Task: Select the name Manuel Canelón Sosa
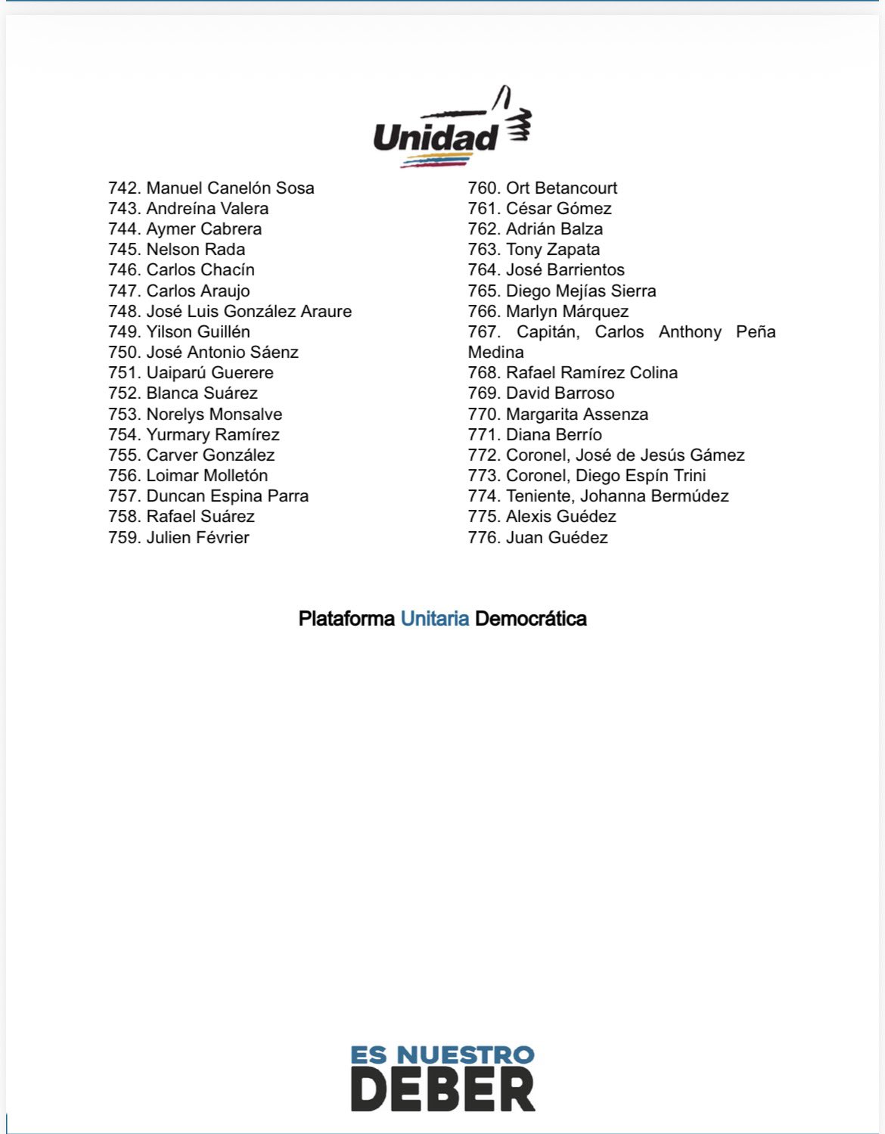(230, 188)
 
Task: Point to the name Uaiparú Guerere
(210, 372)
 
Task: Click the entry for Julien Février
(197, 537)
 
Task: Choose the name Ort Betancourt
(561, 188)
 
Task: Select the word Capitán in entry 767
(548, 331)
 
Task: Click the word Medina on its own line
(495, 352)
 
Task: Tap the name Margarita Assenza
(576, 414)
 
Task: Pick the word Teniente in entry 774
(540, 496)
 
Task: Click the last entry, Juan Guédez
(557, 537)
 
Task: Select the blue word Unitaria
(434, 618)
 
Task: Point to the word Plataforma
(346, 618)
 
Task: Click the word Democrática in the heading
(530, 618)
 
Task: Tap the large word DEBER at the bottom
(442, 1090)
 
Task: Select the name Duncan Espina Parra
(227, 496)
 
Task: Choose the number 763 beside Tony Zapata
(483, 249)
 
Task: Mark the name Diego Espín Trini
(641, 475)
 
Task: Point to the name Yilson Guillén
(197, 331)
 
